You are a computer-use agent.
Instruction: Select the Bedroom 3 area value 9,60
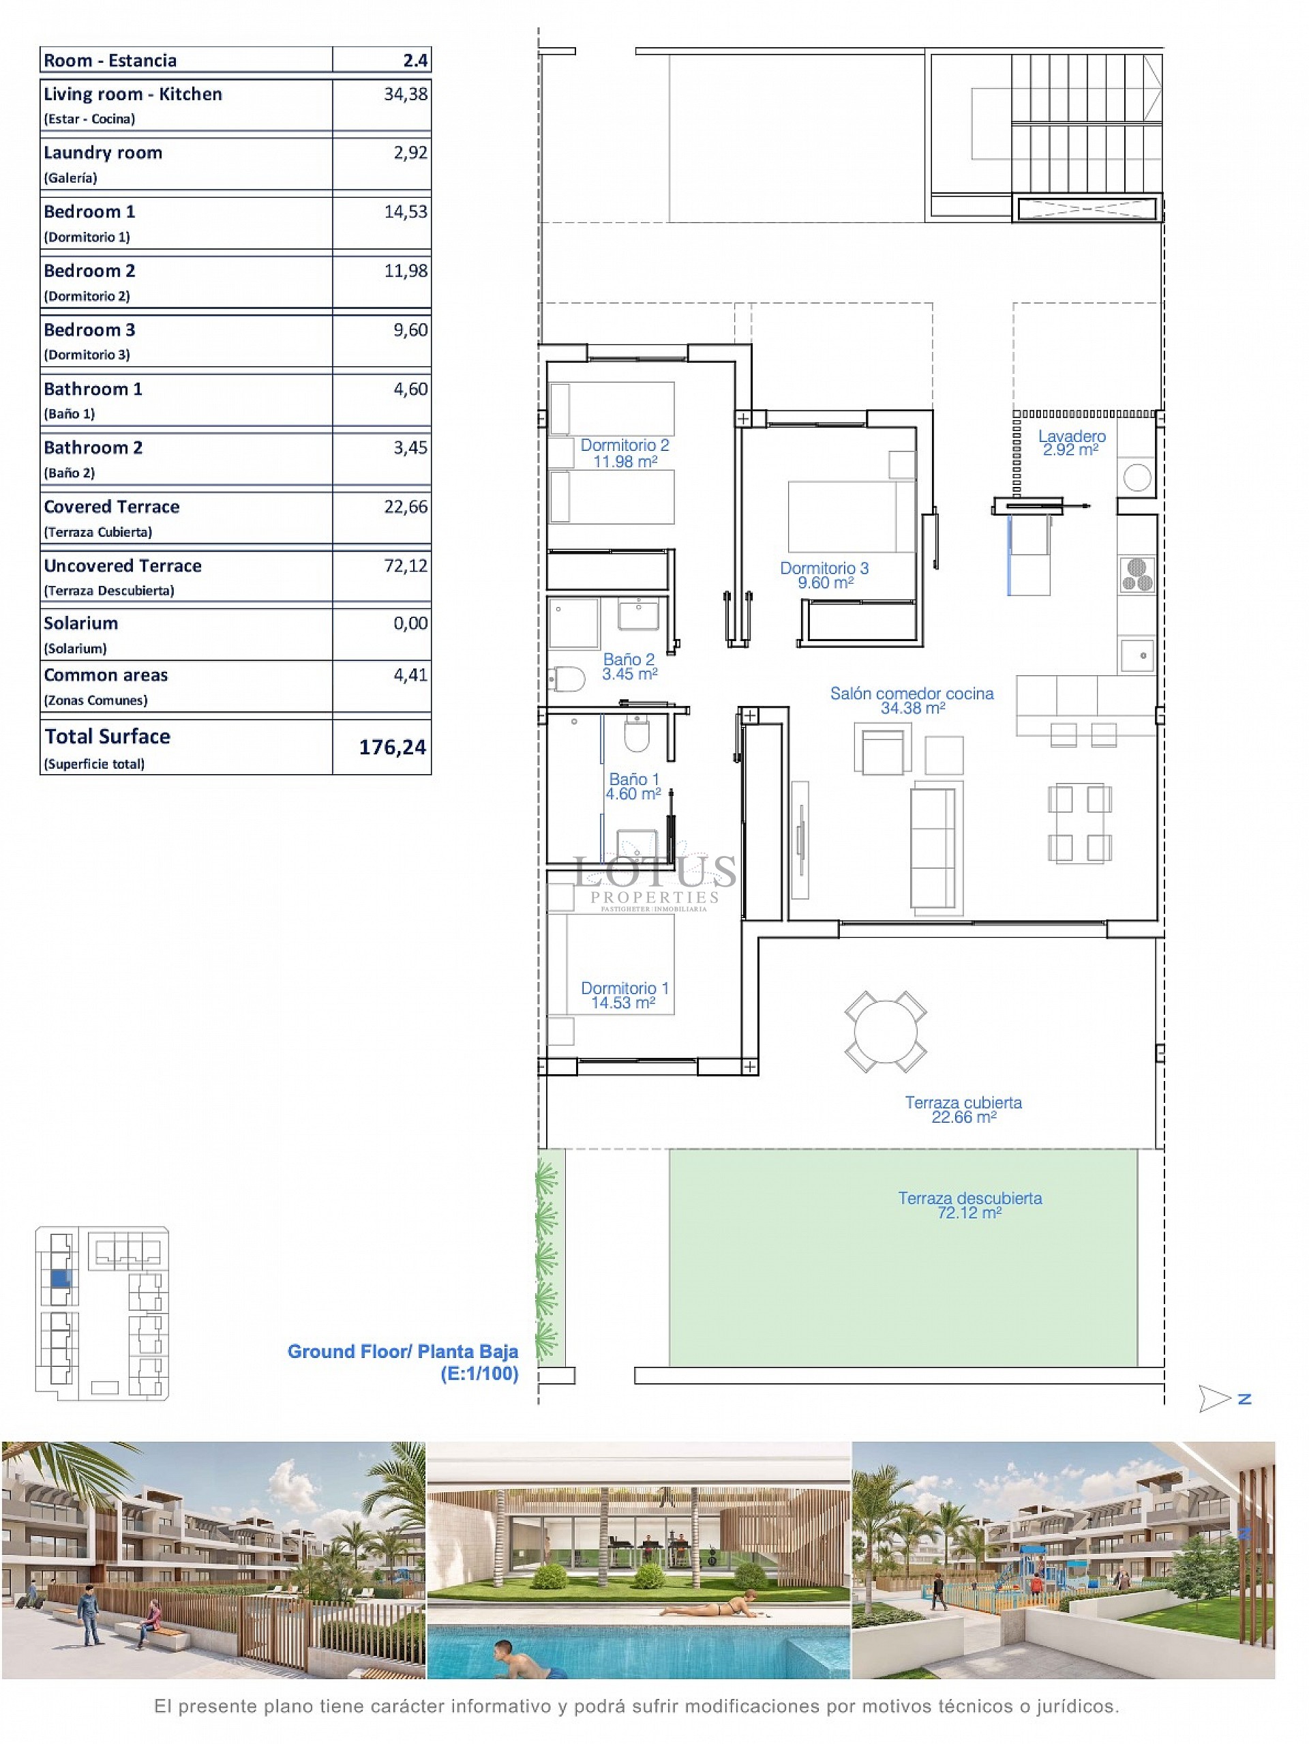pyautogui.click(x=410, y=330)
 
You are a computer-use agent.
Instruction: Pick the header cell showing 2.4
pyautogui.click(x=415, y=61)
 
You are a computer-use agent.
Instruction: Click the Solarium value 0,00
pyautogui.click(x=410, y=623)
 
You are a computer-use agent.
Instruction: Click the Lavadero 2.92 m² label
pyautogui.click(x=1071, y=442)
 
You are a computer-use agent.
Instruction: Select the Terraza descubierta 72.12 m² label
pyautogui.click(x=969, y=1204)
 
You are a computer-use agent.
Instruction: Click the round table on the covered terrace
pyautogui.click(x=886, y=1031)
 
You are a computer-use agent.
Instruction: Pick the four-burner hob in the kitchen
pyautogui.click(x=1137, y=574)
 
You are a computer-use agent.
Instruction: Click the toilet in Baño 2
pyautogui.click(x=567, y=678)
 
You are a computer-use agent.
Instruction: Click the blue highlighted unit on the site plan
pyautogui.click(x=61, y=1279)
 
